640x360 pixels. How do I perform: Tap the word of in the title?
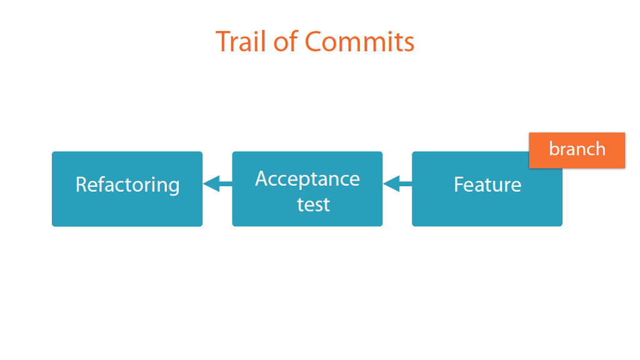tap(286, 41)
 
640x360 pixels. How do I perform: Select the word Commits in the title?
tap(359, 42)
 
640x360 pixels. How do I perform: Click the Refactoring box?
tap(127, 189)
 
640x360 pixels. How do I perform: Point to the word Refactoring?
tap(127, 185)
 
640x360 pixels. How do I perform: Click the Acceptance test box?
tap(307, 189)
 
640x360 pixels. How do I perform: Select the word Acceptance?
tap(307, 179)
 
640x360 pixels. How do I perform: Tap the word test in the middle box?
tap(313, 204)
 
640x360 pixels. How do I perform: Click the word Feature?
tap(487, 184)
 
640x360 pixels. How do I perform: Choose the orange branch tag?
tap(577, 150)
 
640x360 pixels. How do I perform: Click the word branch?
tap(577, 149)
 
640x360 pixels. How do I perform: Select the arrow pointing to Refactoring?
tap(217, 184)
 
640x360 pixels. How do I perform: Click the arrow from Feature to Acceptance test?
tap(397, 184)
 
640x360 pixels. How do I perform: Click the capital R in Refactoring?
tap(82, 184)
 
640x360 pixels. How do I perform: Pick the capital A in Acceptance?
tap(262, 179)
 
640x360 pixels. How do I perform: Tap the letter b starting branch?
tap(554, 149)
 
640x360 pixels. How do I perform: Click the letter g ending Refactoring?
tap(174, 188)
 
